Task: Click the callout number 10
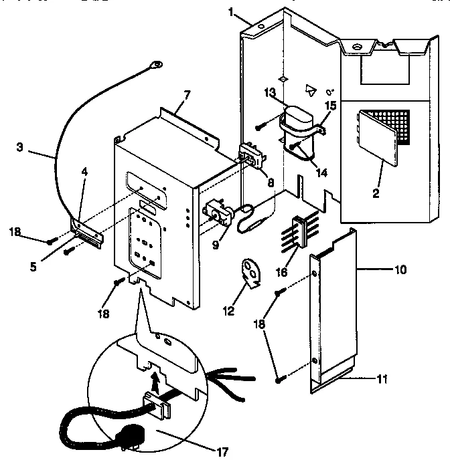pos(400,270)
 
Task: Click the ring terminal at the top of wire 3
pos(154,65)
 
